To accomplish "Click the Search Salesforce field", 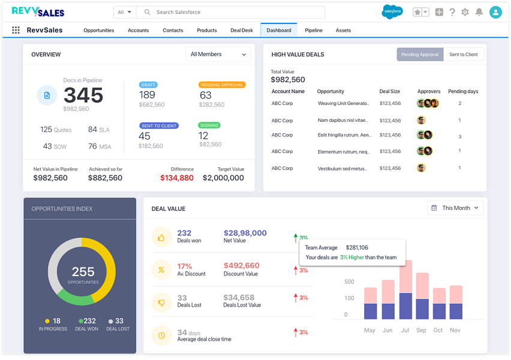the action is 231,12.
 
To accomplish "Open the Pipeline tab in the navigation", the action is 314,31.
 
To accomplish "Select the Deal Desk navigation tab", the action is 242,31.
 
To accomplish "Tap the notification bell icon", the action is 479,12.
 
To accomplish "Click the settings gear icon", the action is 465,12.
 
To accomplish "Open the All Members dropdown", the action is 218,55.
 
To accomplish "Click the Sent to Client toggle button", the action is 464,55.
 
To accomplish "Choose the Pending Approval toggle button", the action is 420,55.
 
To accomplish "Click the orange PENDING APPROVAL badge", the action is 222,85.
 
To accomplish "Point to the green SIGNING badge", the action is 209,125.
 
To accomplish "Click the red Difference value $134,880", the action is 177,178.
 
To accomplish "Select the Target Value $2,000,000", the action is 223,178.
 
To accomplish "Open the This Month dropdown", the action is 455,208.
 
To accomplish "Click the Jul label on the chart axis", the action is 405,330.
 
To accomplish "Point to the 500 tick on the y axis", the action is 349,282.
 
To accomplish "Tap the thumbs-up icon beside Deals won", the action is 161,238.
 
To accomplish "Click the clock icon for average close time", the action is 161,335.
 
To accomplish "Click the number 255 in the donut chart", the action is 83,272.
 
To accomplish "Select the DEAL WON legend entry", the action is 87,325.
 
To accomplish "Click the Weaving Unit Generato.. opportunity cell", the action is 344,103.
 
